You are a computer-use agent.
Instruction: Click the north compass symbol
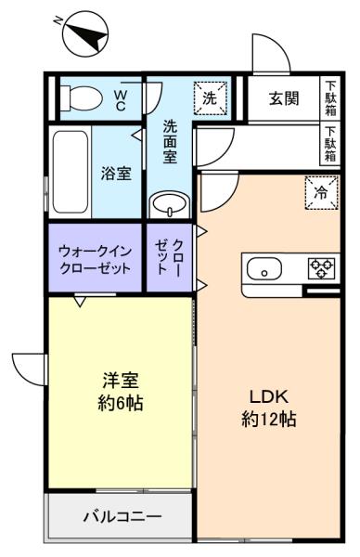click(84, 33)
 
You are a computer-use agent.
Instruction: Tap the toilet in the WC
click(81, 97)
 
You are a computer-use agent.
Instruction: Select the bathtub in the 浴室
click(71, 172)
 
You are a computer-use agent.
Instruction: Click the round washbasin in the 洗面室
click(169, 205)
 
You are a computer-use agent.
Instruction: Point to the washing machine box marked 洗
click(210, 98)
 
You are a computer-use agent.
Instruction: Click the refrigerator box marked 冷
click(321, 193)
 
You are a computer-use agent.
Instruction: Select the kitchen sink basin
click(264, 269)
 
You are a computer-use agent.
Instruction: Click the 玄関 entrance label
click(284, 98)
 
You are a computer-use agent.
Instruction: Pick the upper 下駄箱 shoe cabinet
click(330, 98)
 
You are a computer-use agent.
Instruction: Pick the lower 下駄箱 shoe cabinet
click(330, 144)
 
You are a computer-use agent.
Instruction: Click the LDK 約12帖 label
click(269, 408)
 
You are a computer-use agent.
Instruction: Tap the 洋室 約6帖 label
click(121, 392)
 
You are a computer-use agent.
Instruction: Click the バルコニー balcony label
click(122, 516)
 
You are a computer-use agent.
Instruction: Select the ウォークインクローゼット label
click(95, 259)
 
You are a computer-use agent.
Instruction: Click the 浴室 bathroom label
click(116, 173)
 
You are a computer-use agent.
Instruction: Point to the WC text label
click(120, 100)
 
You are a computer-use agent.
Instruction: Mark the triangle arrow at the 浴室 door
click(137, 135)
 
